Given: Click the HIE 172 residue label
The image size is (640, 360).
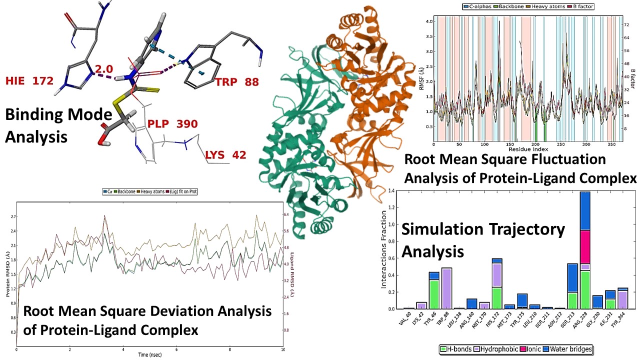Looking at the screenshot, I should pyautogui.click(x=29, y=80).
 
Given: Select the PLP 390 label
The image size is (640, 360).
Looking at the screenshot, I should pyautogui.click(x=172, y=124).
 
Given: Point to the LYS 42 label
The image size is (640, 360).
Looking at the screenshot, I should pyautogui.click(x=226, y=155).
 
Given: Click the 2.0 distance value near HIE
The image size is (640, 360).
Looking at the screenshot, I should pyautogui.click(x=104, y=68).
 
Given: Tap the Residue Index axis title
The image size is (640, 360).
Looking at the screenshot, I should pyautogui.click(x=529, y=149).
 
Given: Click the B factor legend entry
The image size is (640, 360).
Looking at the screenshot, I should pyautogui.click(x=578, y=6).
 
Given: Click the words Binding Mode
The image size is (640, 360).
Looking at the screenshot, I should pyautogui.click(x=58, y=115).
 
